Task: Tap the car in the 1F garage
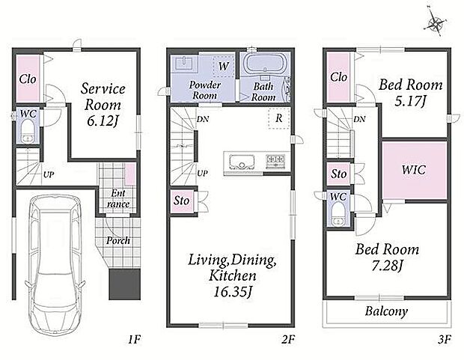[55, 264]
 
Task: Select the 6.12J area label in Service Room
[103, 120]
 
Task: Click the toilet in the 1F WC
[28, 130]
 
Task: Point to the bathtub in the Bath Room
[265, 64]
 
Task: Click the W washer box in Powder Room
[224, 67]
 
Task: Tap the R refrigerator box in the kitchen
[278, 118]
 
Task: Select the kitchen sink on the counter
[242, 162]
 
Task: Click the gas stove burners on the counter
[276, 162]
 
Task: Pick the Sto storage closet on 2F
[181, 201]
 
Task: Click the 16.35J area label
[232, 293]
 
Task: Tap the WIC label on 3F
[414, 170]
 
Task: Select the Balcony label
[386, 311]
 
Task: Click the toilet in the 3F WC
[338, 215]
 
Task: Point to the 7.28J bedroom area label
[387, 266]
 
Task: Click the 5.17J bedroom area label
[410, 102]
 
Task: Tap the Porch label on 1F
[118, 241]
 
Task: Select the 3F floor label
[445, 340]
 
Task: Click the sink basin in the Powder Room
[185, 63]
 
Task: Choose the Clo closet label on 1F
[28, 79]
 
